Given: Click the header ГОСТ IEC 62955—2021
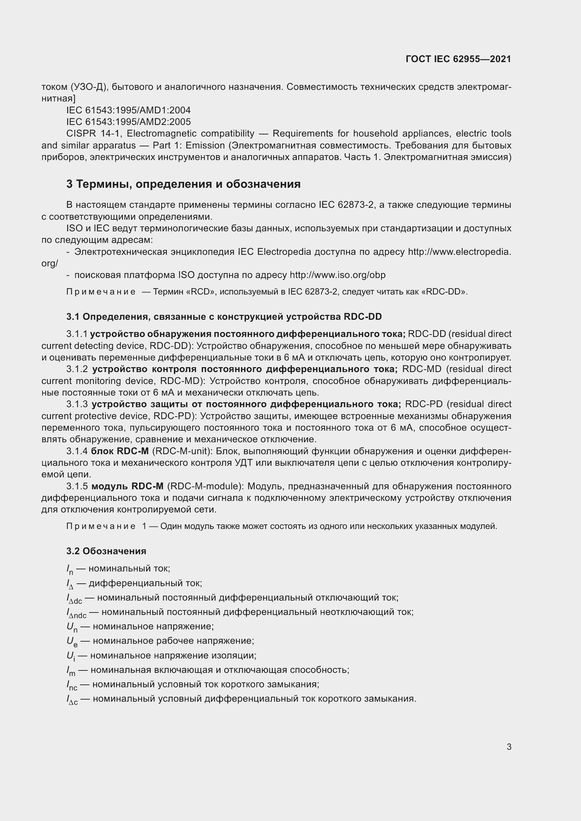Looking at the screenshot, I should point(458,59).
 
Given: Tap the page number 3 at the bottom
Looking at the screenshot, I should point(509,747).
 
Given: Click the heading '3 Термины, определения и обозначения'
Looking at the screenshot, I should point(183,184).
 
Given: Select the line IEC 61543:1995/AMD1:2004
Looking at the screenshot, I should point(129,110).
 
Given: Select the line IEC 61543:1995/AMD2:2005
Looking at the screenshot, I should point(129,122).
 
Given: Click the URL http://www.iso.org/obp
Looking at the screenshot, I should point(337,275).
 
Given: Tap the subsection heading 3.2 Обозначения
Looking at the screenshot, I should point(106,551).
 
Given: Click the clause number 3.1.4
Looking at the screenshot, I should point(77,451).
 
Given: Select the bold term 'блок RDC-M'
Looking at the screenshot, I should point(120,451).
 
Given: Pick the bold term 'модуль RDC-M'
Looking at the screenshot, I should point(128,486).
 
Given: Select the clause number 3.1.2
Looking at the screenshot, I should point(77,369).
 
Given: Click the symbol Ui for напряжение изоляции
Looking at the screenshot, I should point(71,656).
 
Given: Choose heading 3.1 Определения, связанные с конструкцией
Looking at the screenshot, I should point(224,317).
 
